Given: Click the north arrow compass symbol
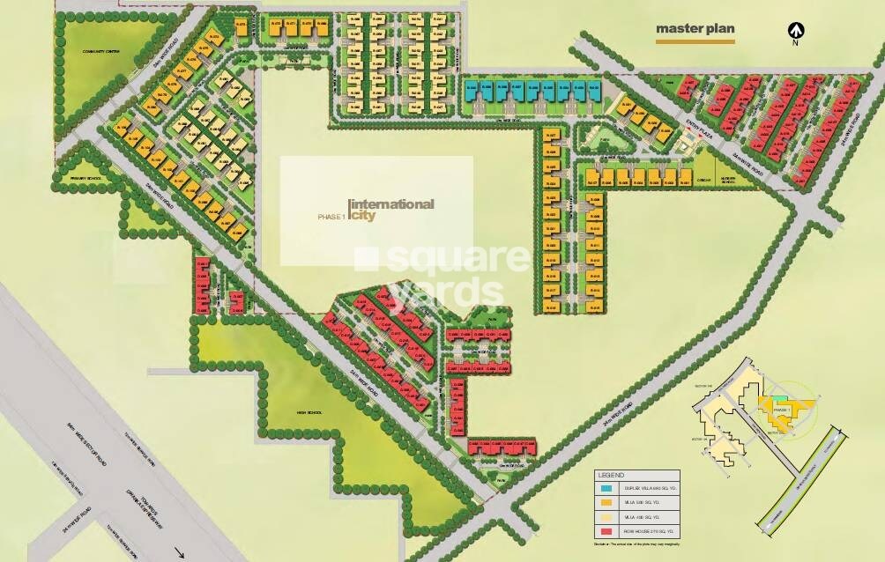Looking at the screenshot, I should coord(795,32).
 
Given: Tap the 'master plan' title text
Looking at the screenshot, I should coord(695,27).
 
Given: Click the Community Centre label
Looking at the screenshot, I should coord(100,51).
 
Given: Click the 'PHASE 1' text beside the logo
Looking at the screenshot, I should coord(331,215).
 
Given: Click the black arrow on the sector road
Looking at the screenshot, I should coord(180,553).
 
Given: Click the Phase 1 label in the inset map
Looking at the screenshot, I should coord(780,410).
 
